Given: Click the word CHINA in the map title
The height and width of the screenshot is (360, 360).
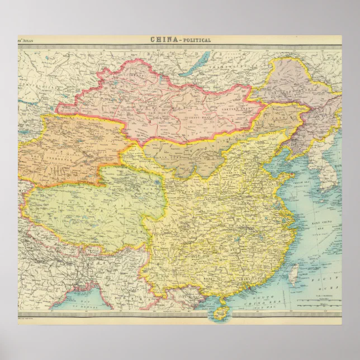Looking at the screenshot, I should point(160,40).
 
